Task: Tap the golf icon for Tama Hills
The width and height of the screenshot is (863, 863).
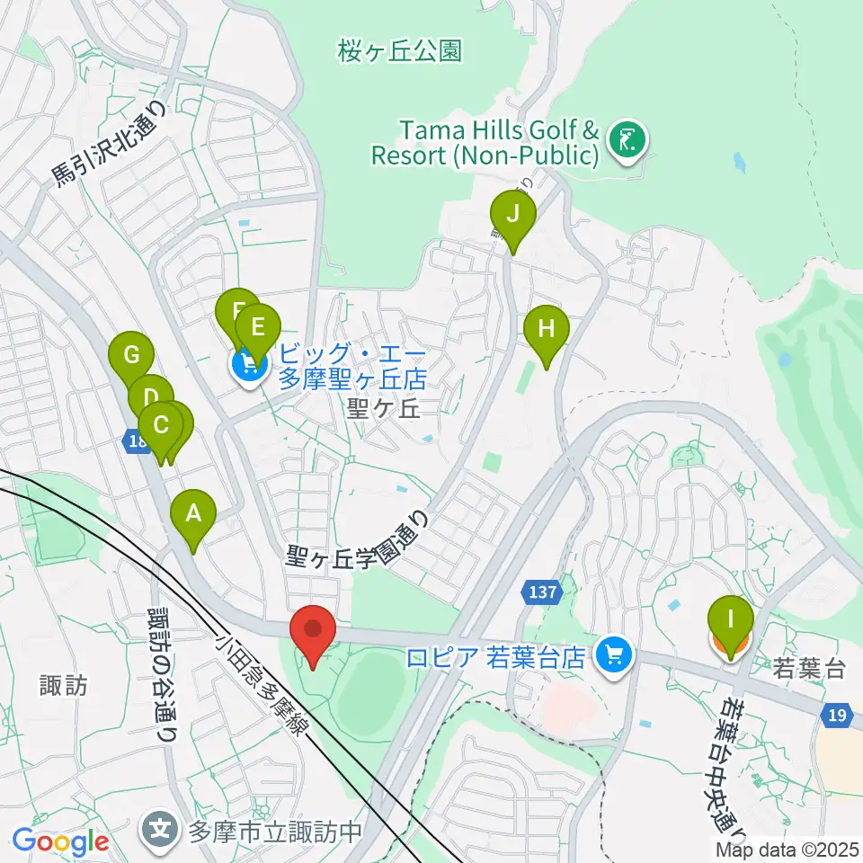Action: tap(626, 139)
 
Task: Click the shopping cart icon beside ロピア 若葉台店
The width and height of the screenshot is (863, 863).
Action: tap(615, 655)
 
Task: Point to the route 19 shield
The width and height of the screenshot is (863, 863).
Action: tap(836, 714)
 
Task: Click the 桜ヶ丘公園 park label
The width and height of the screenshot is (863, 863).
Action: tap(400, 51)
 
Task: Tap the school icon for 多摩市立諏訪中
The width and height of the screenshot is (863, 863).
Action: tap(164, 826)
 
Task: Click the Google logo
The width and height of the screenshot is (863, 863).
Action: tap(59, 842)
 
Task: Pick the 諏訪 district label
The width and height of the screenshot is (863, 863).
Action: tap(64, 686)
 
